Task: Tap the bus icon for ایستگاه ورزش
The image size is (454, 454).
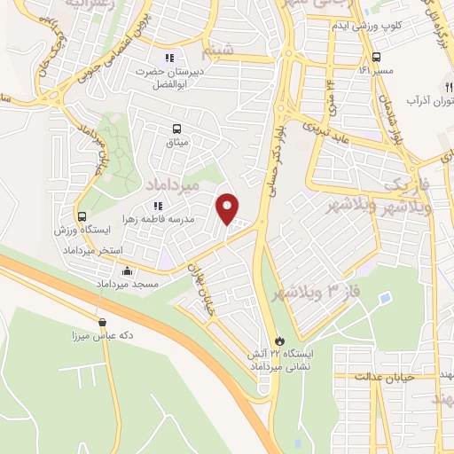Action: (x=82, y=216)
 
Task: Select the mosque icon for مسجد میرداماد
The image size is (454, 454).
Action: (x=129, y=271)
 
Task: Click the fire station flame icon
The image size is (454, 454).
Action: (x=280, y=340)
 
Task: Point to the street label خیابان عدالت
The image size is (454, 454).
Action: (x=380, y=376)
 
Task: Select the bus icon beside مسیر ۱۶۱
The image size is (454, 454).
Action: (x=364, y=68)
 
